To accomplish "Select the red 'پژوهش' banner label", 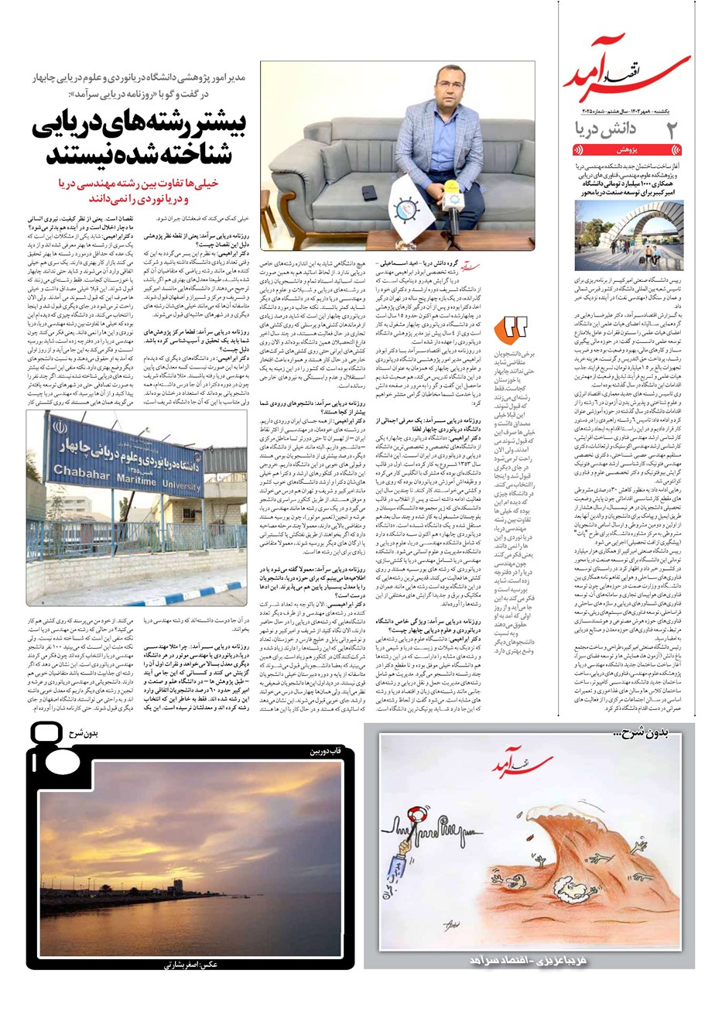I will pyautogui.click(x=626, y=150).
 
